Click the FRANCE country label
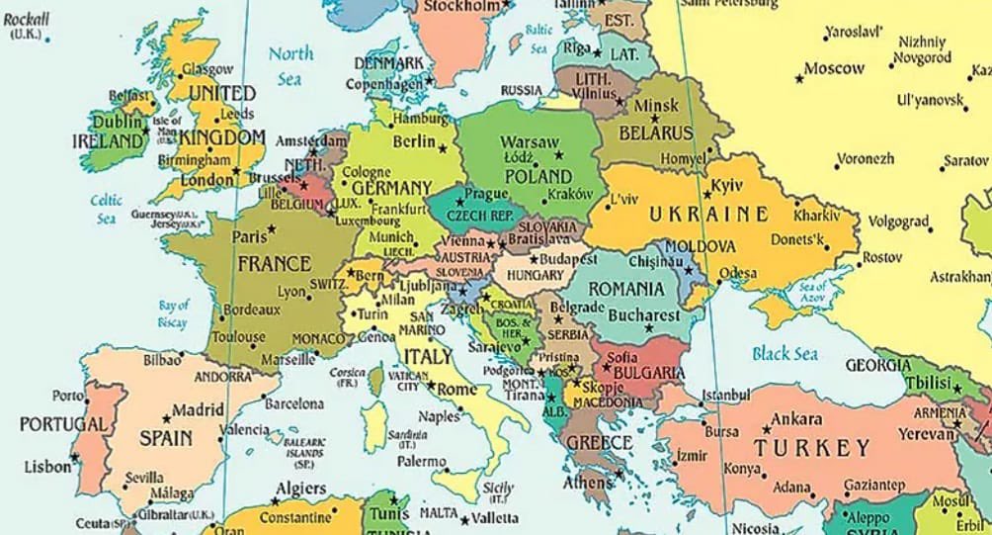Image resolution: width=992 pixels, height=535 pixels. pyautogui.click(x=274, y=264)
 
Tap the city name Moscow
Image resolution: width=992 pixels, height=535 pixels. pyautogui.click(x=834, y=69)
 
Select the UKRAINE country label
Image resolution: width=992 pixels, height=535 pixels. pyautogui.click(x=708, y=214)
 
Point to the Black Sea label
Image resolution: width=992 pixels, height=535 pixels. pyautogui.click(x=785, y=353)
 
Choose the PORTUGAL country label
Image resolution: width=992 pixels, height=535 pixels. pyautogui.click(x=62, y=424)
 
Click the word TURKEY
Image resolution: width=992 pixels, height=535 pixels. pyautogui.click(x=812, y=448)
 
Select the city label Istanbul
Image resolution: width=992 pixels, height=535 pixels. pyautogui.click(x=725, y=396)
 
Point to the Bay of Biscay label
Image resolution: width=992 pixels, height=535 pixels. pyautogui.click(x=173, y=313)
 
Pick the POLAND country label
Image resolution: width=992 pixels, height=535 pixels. pyautogui.click(x=538, y=175)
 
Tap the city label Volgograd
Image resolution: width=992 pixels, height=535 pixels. pyautogui.click(x=898, y=222)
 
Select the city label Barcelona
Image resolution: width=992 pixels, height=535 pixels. pyautogui.click(x=293, y=403)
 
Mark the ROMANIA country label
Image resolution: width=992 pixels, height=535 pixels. pyautogui.click(x=626, y=289)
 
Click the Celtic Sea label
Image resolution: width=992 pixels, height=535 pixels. pyautogui.click(x=107, y=209)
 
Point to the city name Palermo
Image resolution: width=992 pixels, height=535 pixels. pyautogui.click(x=421, y=462)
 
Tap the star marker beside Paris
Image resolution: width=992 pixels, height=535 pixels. pyautogui.click(x=272, y=229)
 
